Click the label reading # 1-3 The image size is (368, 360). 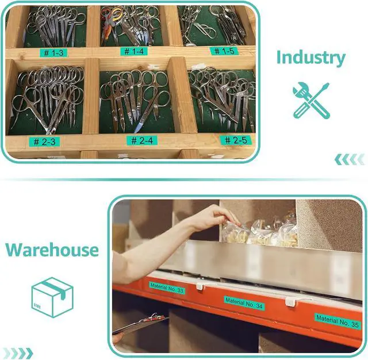tap(53, 52)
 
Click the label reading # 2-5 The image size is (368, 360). tap(236, 140)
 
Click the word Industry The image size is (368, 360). tap(311, 58)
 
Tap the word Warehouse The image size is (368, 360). tap(52, 250)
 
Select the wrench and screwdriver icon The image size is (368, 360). tap(311, 99)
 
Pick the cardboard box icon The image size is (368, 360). tap(52, 297)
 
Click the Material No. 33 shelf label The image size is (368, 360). tap(167, 288)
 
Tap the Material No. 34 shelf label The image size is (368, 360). tap(244, 302)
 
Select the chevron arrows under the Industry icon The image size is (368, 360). tap(350, 159)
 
